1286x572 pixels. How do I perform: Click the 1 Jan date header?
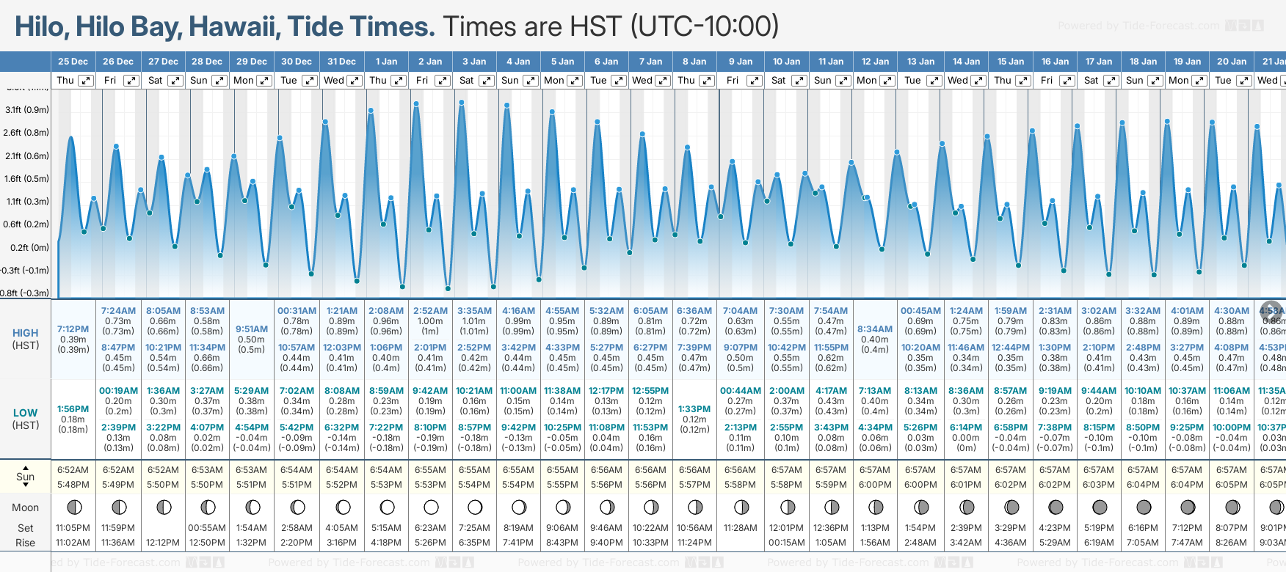[x=386, y=62]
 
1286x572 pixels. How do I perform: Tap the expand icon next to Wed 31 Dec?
[x=354, y=81]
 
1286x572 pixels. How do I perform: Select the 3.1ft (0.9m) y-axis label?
[x=26, y=110]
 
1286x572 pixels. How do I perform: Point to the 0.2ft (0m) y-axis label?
[x=29, y=247]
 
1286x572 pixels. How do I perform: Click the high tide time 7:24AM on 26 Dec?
[x=118, y=311]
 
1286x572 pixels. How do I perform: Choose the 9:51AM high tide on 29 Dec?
[x=251, y=329]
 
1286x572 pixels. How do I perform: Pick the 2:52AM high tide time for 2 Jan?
[x=430, y=311]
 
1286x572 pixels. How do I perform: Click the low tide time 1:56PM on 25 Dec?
[x=73, y=409]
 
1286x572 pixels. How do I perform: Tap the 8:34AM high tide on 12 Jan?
[x=875, y=329]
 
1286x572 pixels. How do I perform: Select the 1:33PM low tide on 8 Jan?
[x=694, y=409]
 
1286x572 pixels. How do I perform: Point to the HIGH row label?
[x=25, y=333]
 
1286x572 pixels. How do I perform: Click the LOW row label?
[x=25, y=413]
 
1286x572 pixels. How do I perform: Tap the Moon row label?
[x=25, y=507]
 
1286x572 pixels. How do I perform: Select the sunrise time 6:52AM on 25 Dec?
[x=73, y=470]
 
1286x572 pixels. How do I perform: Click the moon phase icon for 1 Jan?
[x=387, y=507]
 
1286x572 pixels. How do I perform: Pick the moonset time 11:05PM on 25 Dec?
[x=73, y=528]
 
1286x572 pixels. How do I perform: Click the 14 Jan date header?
[x=966, y=62]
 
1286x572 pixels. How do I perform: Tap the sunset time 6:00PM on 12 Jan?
[x=875, y=485]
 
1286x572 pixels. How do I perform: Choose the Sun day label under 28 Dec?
[x=198, y=81]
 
